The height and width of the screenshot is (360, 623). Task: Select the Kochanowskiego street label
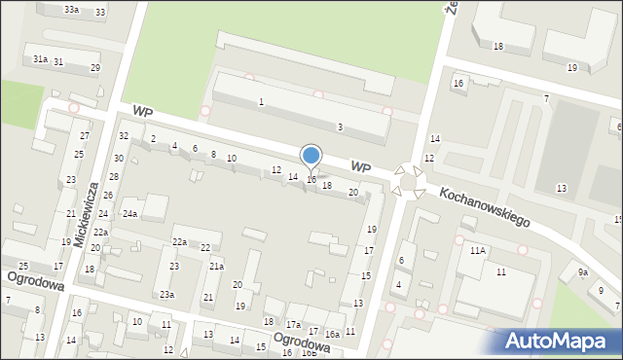[484, 206]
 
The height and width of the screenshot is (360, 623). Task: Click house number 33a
[72, 10]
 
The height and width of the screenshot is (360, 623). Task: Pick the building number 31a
[40, 59]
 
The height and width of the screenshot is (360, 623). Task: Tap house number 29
[94, 68]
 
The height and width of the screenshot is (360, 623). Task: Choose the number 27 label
[85, 135]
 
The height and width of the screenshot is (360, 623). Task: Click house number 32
[124, 136]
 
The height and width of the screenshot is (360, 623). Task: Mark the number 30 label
[119, 158]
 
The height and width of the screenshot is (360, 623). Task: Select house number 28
[113, 177]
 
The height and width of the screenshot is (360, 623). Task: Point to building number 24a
[129, 214]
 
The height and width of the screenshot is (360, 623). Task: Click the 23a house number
[167, 294]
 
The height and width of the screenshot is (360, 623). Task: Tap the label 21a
[217, 267]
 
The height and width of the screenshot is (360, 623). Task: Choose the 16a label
[332, 334]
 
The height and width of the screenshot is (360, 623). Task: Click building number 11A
[477, 250]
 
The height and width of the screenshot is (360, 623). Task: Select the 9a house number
[582, 272]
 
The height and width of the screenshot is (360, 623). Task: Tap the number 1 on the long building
[261, 102]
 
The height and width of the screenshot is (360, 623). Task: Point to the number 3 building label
[339, 127]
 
